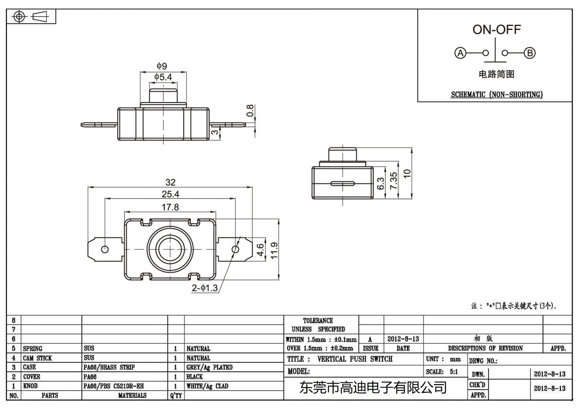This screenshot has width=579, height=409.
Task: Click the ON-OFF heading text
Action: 496,30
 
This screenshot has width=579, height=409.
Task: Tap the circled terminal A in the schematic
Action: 460,53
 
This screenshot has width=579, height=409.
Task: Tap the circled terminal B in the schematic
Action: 530,53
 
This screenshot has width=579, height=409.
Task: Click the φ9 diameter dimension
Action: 162,66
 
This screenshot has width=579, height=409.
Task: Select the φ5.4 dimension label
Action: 163,77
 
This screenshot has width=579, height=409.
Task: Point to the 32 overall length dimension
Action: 170,182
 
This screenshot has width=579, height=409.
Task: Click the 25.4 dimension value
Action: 170,194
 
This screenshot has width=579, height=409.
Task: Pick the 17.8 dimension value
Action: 170,207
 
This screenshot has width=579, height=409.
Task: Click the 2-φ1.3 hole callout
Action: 205,288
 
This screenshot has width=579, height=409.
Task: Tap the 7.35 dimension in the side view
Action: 394,180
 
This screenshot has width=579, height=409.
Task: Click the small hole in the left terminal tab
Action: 105,250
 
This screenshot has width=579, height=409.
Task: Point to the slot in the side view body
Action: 342,183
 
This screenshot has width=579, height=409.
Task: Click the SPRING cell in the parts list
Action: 33,349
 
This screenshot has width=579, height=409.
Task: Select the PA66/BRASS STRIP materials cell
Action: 109,367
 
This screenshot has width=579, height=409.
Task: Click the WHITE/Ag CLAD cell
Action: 207,386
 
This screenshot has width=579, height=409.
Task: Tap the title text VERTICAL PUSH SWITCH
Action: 355,359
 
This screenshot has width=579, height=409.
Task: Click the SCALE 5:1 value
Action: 453,371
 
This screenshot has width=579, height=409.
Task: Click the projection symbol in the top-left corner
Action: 31,17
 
